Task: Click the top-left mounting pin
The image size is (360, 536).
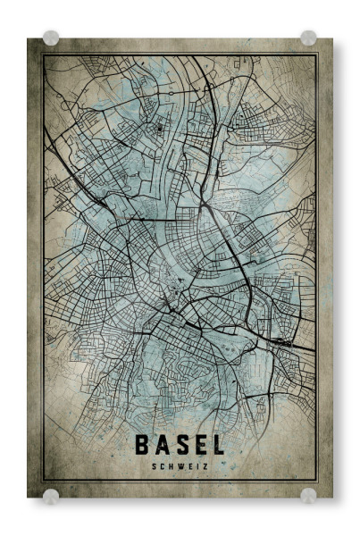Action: point(51,38)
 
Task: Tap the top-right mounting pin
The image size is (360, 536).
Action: point(308,38)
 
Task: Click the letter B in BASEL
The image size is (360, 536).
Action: point(142,444)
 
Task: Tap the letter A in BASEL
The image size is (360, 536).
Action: point(161,444)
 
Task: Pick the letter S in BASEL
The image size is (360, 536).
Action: point(180,444)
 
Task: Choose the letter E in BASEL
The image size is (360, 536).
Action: point(198,444)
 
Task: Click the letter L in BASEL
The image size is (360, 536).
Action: point(217,444)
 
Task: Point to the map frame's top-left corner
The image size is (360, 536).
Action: point(43,54)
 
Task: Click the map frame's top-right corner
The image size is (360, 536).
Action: point(317,54)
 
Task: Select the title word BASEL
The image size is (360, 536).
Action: point(180,444)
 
